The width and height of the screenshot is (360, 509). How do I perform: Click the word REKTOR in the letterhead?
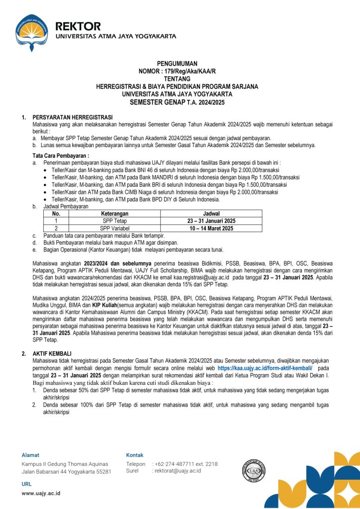78,26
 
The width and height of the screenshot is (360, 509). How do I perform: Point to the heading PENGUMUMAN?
177,64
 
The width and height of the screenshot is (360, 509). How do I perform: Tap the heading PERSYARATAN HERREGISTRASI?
73,117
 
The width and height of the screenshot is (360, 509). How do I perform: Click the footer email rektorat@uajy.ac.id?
178,470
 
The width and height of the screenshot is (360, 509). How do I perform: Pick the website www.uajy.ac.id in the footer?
41,493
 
